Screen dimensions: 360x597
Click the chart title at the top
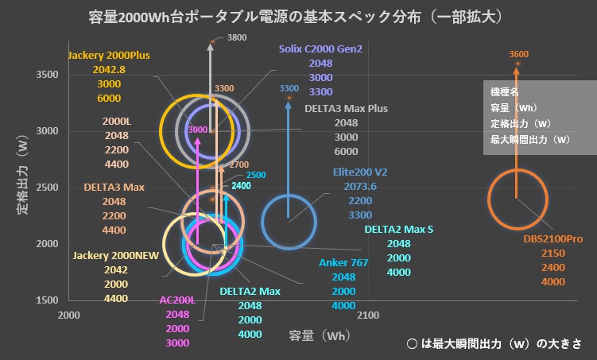click(x=299, y=16)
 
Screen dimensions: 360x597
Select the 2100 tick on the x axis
click(x=367, y=315)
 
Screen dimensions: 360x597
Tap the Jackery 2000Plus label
click(x=109, y=56)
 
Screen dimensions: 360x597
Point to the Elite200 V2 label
click(x=360, y=172)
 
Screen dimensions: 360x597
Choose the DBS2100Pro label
click(x=553, y=238)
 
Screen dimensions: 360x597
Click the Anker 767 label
click(x=343, y=262)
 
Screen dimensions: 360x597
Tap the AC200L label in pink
click(x=177, y=300)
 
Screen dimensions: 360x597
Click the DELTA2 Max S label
click(x=399, y=229)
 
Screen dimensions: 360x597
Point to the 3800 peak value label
click(x=237, y=37)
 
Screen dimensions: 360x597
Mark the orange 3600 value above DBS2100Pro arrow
click(x=518, y=54)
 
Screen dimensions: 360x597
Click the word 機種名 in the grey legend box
click(x=505, y=93)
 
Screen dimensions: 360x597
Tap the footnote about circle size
click(x=494, y=344)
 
